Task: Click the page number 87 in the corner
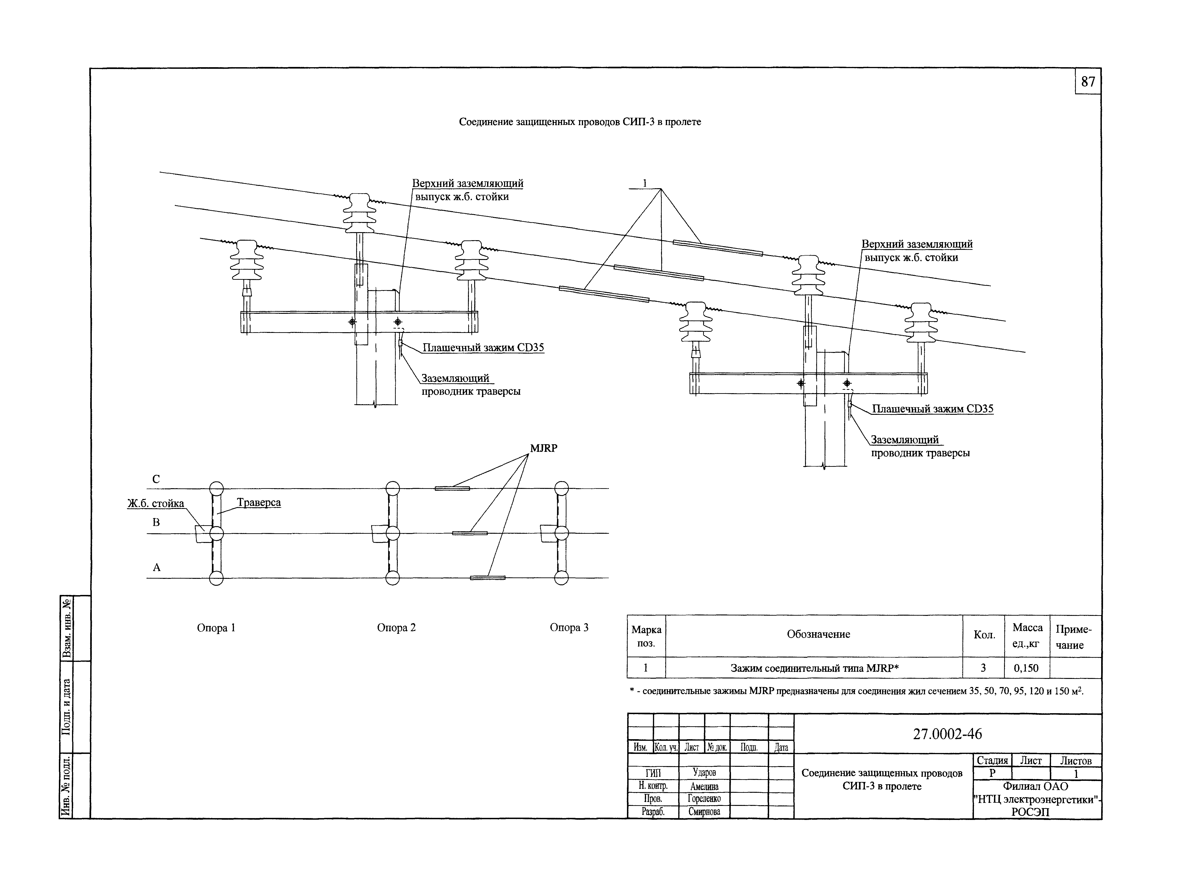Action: (1088, 82)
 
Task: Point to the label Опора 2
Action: (396, 627)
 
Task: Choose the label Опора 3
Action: (569, 627)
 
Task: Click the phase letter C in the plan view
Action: (156, 479)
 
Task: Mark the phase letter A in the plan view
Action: (157, 567)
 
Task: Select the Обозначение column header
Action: (818, 634)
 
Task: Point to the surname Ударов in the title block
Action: (704, 772)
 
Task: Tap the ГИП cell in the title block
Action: (653, 773)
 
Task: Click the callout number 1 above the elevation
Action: (644, 184)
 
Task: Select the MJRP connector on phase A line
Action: (487, 578)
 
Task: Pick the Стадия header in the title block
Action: (992, 760)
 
